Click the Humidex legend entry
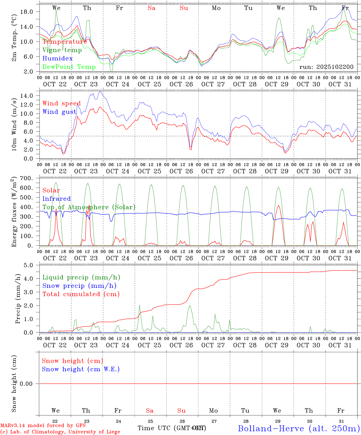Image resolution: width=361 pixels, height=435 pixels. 57,58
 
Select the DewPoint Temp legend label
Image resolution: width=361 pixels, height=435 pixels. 69,67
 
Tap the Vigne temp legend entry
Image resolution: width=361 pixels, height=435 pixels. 62,50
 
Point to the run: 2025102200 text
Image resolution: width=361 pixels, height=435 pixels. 326,67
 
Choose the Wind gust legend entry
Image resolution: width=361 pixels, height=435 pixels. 59,112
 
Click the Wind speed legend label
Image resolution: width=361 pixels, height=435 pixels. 62,103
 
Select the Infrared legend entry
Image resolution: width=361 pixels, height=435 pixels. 57,198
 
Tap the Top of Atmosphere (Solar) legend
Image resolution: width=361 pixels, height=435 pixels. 89,207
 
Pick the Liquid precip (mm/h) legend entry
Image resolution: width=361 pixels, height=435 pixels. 81,277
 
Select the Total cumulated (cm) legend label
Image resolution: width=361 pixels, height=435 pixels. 81,294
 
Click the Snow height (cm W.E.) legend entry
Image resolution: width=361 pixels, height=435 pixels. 81,369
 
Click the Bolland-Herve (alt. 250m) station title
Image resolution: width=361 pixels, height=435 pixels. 299,428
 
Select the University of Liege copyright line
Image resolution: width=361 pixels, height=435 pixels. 60,432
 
